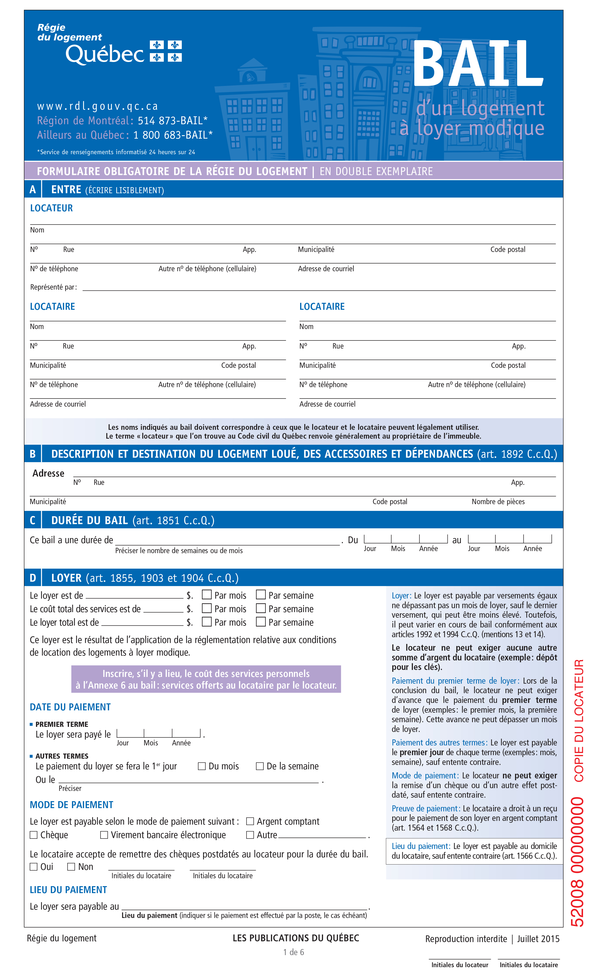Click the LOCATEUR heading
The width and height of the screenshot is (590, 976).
coord(52,208)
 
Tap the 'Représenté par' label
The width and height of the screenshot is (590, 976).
coord(53,287)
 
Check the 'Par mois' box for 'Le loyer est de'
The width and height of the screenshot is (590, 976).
coord(207,594)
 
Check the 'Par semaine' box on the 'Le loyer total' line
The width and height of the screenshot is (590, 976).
coord(261,621)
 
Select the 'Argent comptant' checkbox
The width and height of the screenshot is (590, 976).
coord(250,821)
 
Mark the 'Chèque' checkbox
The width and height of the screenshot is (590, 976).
coord(34,835)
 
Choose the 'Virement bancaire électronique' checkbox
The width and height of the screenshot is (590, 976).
coord(104,835)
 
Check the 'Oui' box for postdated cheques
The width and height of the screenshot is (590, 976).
coord(34,867)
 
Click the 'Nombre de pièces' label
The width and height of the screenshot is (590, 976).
coord(498,501)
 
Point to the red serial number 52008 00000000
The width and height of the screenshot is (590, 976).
coord(577,862)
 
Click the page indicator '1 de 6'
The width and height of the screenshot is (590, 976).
coord(293,952)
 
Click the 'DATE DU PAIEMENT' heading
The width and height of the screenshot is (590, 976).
coord(70,707)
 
